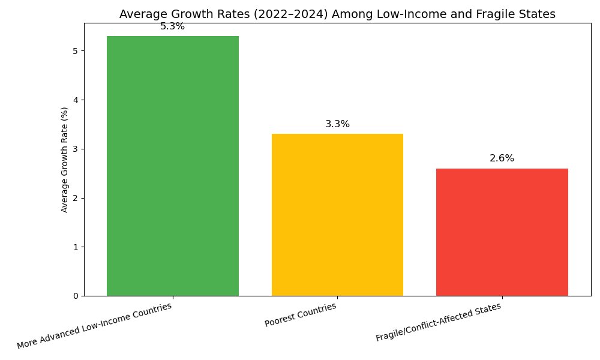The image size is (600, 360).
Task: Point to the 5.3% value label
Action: (173, 26)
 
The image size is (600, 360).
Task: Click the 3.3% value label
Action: (337, 124)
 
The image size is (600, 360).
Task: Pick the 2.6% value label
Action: (502, 158)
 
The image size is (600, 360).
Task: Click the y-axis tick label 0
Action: (76, 296)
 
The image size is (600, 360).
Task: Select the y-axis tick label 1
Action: (76, 247)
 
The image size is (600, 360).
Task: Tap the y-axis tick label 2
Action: (76, 198)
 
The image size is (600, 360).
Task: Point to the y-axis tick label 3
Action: (76, 149)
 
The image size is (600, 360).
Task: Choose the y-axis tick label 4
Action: (76, 100)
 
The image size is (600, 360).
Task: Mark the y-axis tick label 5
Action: (76, 51)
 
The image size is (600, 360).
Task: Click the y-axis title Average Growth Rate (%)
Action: (64, 160)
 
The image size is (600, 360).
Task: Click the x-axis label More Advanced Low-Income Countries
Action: (94, 326)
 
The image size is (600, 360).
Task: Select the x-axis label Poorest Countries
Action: (301, 315)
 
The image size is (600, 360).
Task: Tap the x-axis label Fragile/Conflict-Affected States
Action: (439, 322)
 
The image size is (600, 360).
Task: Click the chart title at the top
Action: (337, 14)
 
